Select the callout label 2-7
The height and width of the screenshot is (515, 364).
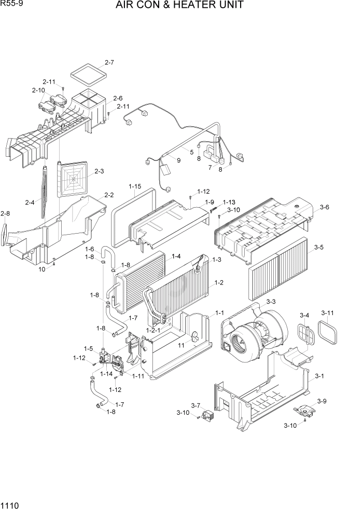[109, 63]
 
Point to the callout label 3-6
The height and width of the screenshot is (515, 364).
[325, 208]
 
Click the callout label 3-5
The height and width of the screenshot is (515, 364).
[319, 248]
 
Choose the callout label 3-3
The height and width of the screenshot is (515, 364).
[271, 302]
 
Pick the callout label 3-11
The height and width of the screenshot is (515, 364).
[327, 313]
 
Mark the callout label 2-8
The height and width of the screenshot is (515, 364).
[5, 213]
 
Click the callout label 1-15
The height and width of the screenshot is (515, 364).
[135, 186]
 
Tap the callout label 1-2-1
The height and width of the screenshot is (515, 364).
[154, 330]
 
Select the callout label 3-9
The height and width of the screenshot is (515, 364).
[321, 401]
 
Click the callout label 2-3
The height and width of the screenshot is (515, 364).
[99, 171]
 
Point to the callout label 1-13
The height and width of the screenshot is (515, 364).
[229, 202]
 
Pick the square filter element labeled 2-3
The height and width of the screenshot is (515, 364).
[74, 179]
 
